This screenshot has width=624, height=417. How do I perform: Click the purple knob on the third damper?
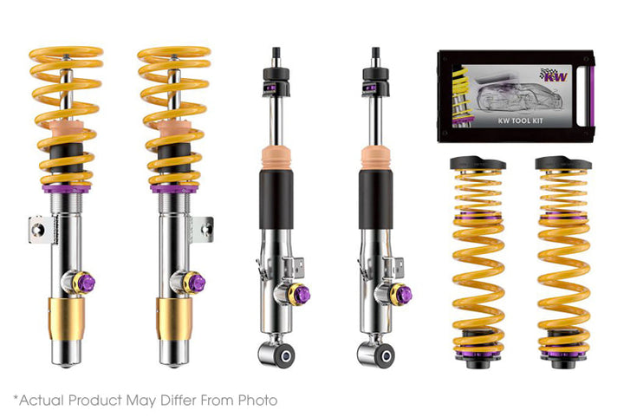(x=302, y=294)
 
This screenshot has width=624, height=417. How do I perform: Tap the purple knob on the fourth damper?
(x=401, y=294)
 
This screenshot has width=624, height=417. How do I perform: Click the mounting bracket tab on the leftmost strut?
(x=36, y=229)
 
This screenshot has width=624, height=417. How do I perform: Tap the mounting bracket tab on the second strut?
(x=205, y=229)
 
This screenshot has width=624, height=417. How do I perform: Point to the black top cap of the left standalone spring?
(x=478, y=162)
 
